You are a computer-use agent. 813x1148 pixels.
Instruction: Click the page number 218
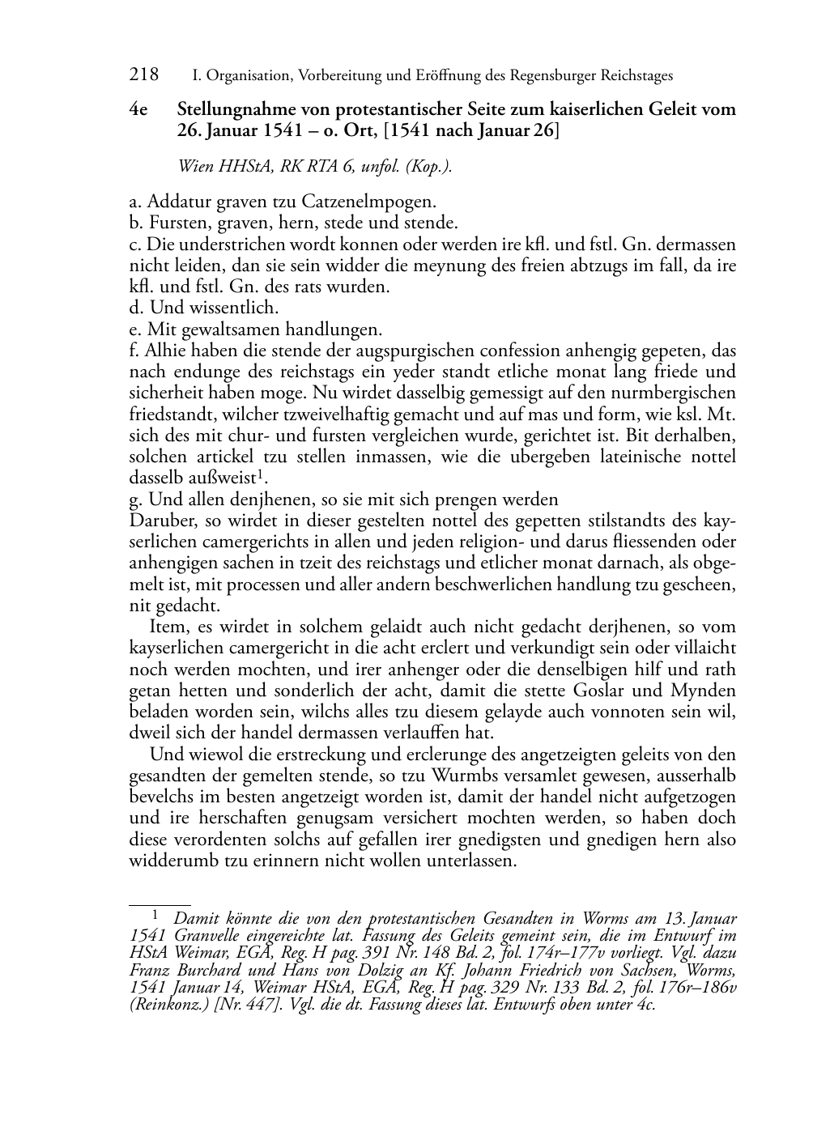(x=143, y=75)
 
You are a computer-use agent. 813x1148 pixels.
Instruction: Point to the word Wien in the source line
(x=195, y=167)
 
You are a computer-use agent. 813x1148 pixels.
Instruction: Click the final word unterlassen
(x=469, y=861)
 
